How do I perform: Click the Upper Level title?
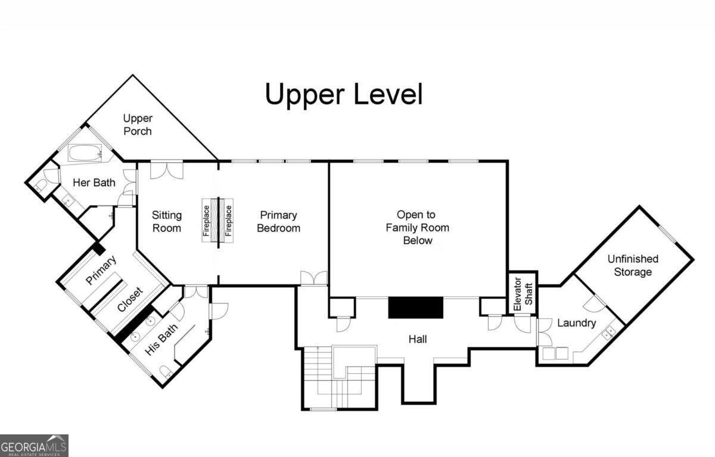click(x=344, y=95)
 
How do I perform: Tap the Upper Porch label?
click(x=138, y=124)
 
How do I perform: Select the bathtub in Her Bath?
click(x=85, y=153)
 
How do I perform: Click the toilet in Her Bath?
click(x=41, y=185)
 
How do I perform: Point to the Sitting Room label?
click(x=167, y=221)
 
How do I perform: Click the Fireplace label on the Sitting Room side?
click(x=206, y=221)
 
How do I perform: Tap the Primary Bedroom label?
click(x=278, y=221)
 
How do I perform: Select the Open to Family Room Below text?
click(x=417, y=227)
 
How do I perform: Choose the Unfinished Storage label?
click(x=633, y=265)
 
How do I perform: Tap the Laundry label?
click(x=577, y=323)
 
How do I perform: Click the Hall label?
click(x=418, y=339)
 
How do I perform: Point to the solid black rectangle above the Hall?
click(x=416, y=308)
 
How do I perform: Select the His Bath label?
click(x=161, y=340)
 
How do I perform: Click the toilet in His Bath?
click(x=166, y=371)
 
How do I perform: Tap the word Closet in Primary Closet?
click(x=130, y=299)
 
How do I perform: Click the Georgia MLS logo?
click(x=34, y=446)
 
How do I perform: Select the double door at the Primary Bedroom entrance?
click(x=314, y=277)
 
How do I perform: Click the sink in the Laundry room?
click(x=609, y=333)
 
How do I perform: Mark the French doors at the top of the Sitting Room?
click(x=167, y=171)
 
